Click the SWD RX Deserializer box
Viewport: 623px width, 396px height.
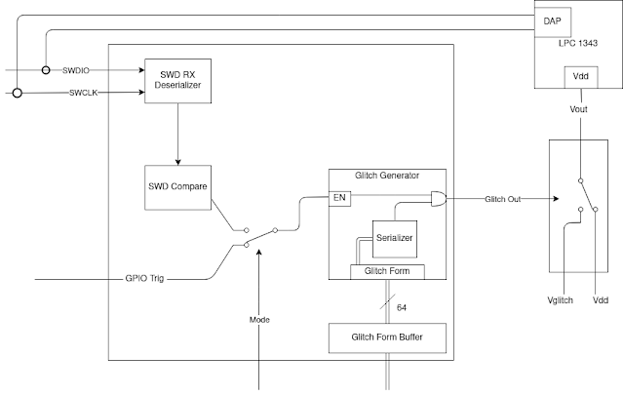177,81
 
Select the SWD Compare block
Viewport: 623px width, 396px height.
177,187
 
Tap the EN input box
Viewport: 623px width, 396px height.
339,198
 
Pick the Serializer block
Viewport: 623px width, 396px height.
395,239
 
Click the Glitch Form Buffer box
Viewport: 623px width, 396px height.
387,337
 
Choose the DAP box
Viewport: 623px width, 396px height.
552,21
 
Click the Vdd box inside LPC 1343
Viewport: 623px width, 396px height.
581,77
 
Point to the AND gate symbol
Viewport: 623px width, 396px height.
439,198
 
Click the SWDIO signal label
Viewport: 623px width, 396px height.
76,71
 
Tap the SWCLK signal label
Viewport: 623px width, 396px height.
84,93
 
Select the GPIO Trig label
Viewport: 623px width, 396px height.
144,278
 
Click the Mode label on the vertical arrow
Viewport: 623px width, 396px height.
259,320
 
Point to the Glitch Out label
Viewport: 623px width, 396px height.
503,199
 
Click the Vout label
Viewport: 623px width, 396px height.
578,109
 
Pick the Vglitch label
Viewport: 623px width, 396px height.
561,300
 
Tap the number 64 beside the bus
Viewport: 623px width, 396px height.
402,308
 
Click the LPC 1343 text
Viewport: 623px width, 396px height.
578,43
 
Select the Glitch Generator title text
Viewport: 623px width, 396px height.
387,176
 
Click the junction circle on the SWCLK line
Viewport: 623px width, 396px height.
18,93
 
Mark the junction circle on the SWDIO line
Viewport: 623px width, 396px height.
46,70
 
